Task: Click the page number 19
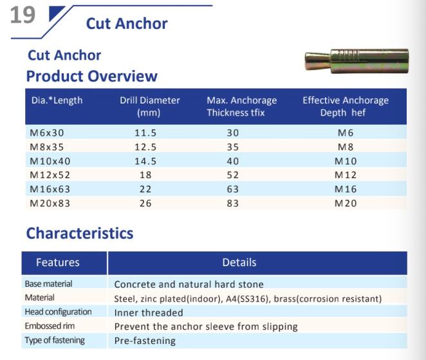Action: coord(23,15)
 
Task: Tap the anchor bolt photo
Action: coord(357,61)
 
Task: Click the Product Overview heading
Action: coord(92,76)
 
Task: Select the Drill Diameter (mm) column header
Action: coord(150,107)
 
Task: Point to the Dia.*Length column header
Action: coord(57,100)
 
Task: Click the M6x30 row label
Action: coord(47,133)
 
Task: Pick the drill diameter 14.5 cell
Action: coord(145,161)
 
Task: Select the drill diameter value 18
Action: coord(145,175)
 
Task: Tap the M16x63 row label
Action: coord(50,189)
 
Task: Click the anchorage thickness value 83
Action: coord(233,203)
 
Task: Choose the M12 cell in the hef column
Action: coord(346,175)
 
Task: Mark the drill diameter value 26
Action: coord(145,203)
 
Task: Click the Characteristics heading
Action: coord(80,233)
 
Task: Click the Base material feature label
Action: coord(48,283)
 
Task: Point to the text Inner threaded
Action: coord(149,313)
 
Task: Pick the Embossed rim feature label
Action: coord(50,326)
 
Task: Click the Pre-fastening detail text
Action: coord(145,341)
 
